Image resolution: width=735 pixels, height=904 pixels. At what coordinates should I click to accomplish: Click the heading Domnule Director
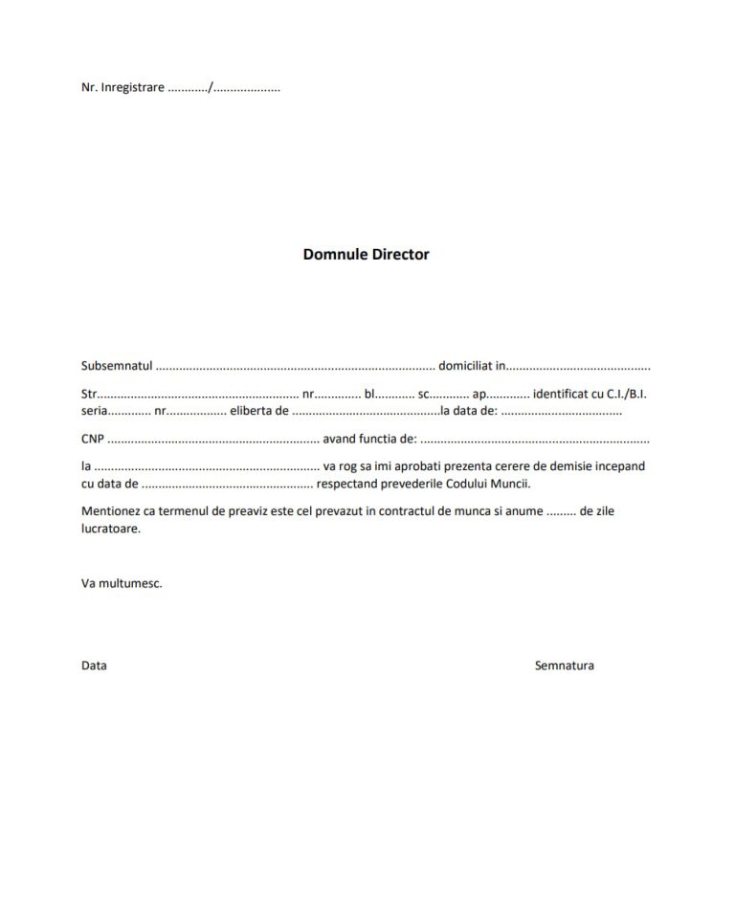[x=367, y=255]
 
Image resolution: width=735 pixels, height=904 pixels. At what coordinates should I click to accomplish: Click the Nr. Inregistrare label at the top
[x=122, y=87]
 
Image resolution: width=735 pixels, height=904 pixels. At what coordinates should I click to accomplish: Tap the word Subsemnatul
[x=117, y=366]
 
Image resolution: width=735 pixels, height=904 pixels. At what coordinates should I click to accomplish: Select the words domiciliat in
[x=472, y=366]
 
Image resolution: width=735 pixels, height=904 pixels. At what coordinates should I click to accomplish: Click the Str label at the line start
[x=89, y=394]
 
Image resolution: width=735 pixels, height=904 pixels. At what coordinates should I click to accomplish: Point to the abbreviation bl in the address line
[x=369, y=394]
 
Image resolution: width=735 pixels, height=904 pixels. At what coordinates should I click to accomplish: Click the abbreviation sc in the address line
[x=424, y=394]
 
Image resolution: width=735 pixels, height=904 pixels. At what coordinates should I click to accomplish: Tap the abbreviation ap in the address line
[x=479, y=394]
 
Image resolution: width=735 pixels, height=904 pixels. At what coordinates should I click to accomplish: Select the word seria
[x=95, y=411]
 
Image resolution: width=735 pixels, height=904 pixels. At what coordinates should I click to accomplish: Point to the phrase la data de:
[x=468, y=411]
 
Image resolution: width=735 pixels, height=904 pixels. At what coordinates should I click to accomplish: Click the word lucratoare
[x=111, y=529]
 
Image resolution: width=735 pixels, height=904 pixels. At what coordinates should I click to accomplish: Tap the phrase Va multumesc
[x=122, y=582]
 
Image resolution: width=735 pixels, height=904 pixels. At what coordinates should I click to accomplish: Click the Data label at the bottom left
[x=94, y=666]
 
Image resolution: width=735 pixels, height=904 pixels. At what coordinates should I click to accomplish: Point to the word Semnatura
[x=564, y=666]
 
